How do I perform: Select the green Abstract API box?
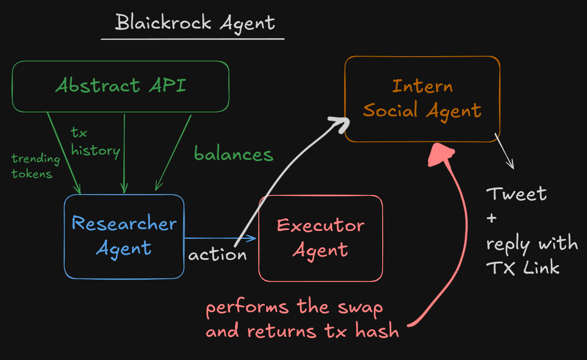click(120, 86)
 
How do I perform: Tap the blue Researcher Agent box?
click(124, 236)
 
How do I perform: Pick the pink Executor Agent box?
click(320, 238)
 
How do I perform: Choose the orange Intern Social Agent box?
click(422, 99)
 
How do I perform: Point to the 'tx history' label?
click(95, 143)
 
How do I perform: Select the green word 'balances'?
click(233, 154)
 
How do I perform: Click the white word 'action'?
click(217, 255)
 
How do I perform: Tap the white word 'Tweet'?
click(516, 194)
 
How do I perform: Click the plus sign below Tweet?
click(491, 218)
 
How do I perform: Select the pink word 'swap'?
click(360, 307)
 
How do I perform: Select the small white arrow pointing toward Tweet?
click(505, 151)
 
